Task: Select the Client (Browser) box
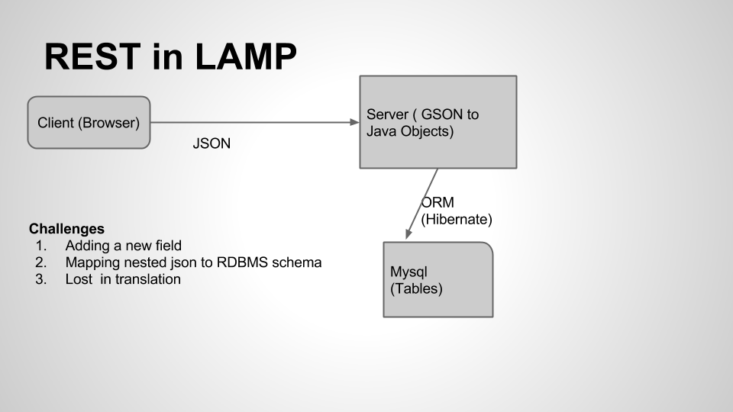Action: click(x=89, y=122)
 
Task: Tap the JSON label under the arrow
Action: click(x=212, y=143)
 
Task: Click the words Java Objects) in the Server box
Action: click(x=410, y=131)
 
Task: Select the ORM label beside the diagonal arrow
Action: click(x=438, y=203)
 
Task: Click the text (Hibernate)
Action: click(x=457, y=220)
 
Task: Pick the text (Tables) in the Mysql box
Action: click(x=416, y=289)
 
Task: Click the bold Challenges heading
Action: click(x=66, y=229)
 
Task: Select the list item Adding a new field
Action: click(x=123, y=246)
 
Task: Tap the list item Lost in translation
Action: click(x=123, y=279)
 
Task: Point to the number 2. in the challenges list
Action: click(x=40, y=262)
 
